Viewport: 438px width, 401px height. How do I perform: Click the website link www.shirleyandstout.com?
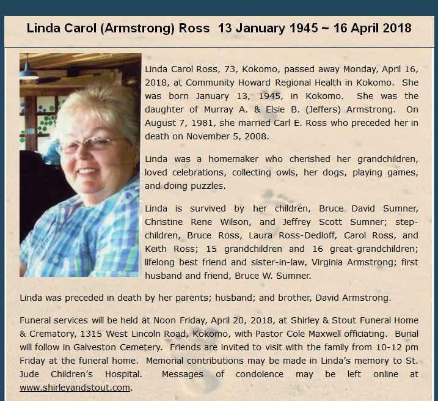pyautogui.click(x=76, y=387)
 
